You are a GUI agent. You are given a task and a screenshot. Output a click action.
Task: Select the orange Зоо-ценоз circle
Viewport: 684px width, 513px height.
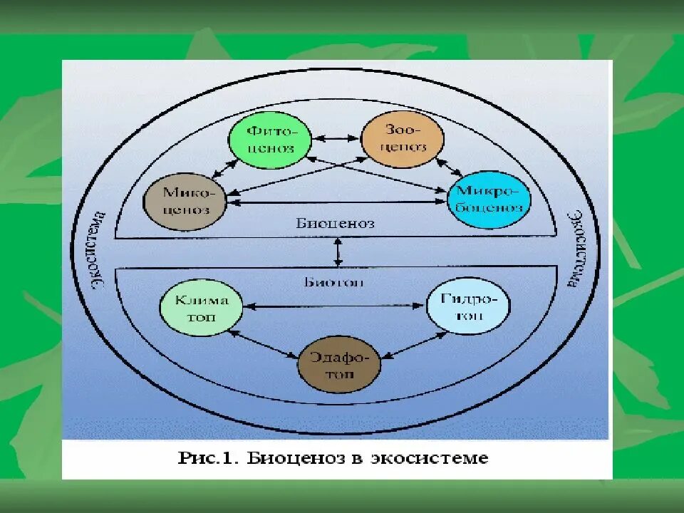(x=403, y=138)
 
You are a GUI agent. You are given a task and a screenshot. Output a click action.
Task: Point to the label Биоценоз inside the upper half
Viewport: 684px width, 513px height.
(x=335, y=223)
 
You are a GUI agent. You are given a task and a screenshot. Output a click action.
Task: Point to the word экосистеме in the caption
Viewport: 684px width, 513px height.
(x=429, y=457)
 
